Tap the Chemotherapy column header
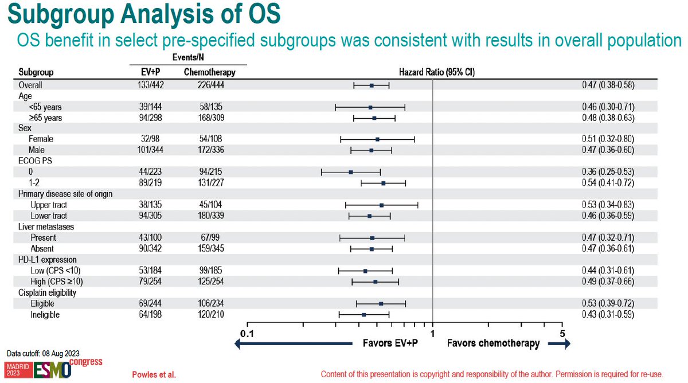coord(210,73)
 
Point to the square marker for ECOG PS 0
coord(351,172)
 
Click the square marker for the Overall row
coord(372,85)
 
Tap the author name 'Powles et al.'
coord(154,375)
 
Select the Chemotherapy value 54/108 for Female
coord(210,139)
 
